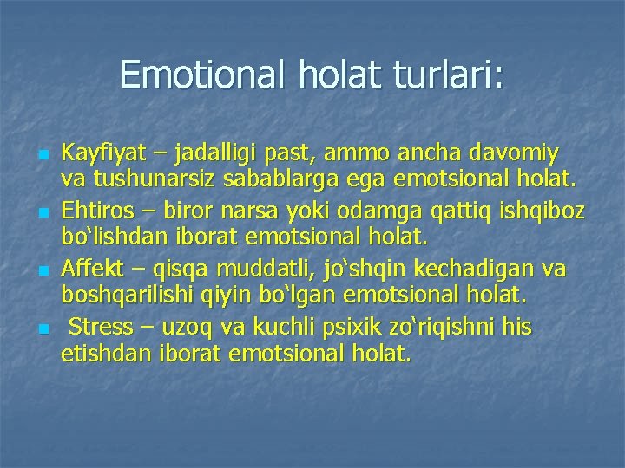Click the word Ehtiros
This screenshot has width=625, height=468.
point(93,211)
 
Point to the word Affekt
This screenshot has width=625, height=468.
point(89,270)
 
